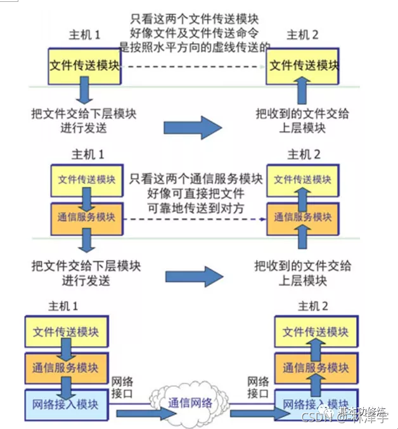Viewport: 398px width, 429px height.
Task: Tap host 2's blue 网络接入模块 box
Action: click(x=314, y=404)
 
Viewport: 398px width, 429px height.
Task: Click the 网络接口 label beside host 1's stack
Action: click(x=124, y=387)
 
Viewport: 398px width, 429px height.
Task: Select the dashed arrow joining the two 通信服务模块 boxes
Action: click(x=193, y=218)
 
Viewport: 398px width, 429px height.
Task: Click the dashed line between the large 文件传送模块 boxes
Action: click(x=193, y=66)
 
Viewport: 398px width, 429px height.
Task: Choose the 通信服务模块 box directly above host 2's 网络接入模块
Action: click(x=314, y=367)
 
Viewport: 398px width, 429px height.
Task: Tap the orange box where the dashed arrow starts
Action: click(x=87, y=216)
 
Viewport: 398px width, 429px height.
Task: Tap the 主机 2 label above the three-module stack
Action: click(x=313, y=306)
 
